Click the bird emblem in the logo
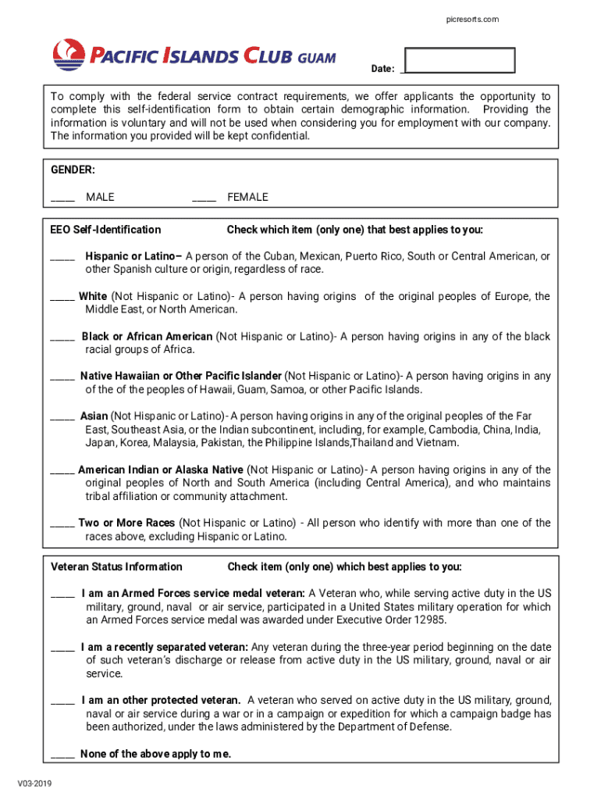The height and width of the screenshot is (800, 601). coord(69,55)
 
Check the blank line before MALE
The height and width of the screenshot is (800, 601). coord(62,199)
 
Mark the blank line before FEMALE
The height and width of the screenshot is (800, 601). coord(204,199)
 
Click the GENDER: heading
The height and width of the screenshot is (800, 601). coord(73,170)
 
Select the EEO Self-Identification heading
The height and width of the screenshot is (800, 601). coord(106,230)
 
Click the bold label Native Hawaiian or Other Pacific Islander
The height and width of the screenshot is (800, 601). coord(181,376)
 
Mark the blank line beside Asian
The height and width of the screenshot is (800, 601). coord(62,419)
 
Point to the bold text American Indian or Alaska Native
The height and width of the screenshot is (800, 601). coord(161,470)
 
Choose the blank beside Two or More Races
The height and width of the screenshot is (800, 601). coord(62,525)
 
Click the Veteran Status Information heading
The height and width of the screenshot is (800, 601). coord(116,566)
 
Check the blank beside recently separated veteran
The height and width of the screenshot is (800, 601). coord(62,649)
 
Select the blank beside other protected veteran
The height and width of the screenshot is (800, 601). coord(62,702)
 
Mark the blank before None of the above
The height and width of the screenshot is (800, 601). coord(62,756)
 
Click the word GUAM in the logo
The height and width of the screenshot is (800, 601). coord(316,57)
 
